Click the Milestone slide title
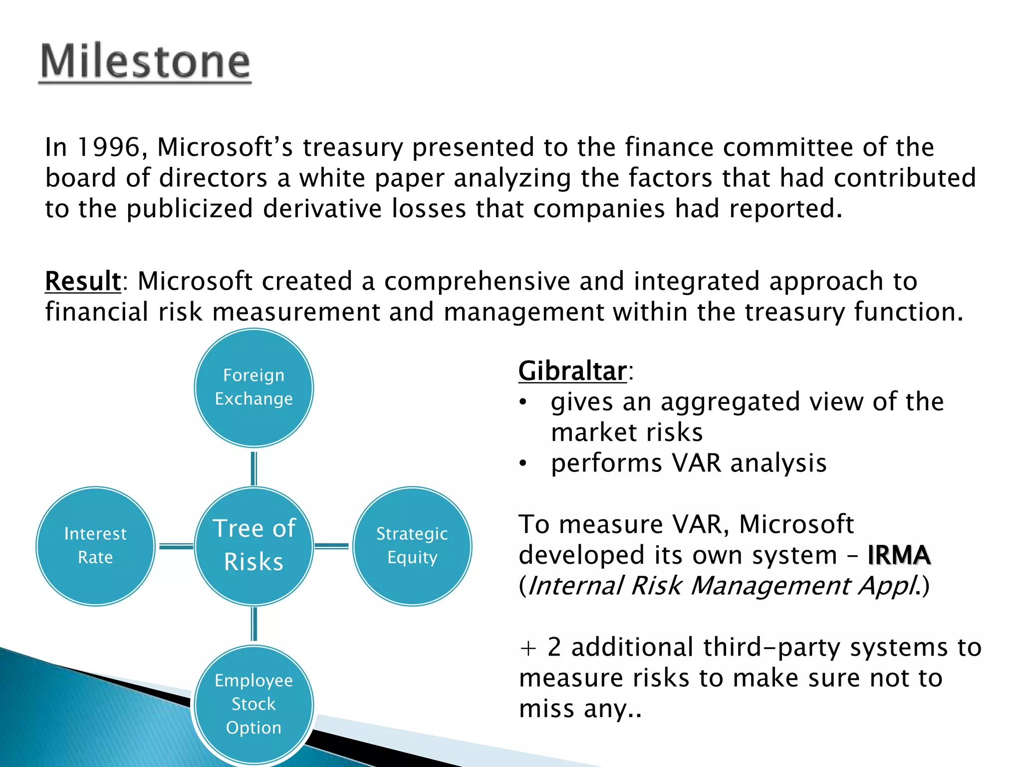coord(145,62)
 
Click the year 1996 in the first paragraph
coord(109,148)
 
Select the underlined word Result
coord(83,281)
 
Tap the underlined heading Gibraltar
coord(572,372)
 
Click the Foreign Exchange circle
coord(254,387)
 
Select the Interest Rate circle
coord(95,546)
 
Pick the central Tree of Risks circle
coord(254,546)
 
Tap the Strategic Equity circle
coord(412,546)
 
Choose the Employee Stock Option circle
coord(254,704)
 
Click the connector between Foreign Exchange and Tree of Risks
coord(254,468)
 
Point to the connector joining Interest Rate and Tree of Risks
coord(176,546)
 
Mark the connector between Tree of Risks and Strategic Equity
coord(332,546)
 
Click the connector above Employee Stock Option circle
coord(254,624)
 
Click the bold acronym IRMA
coord(899,555)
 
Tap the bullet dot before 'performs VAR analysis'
coord(522,464)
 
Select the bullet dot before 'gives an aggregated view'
coord(522,402)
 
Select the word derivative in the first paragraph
coord(322,209)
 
